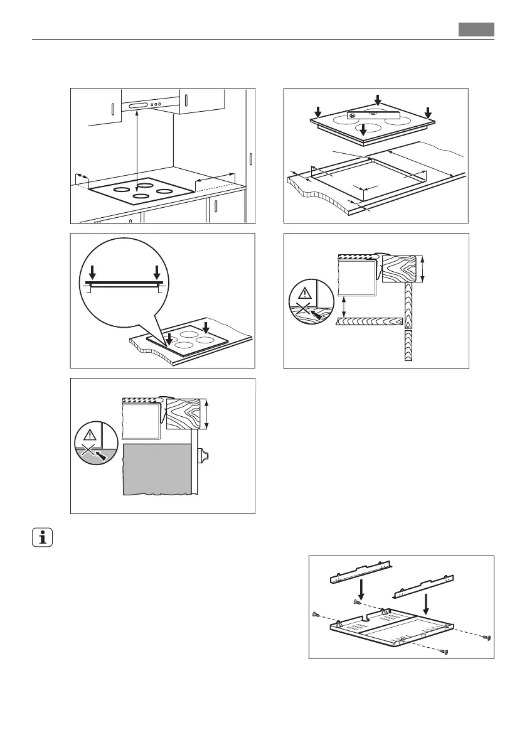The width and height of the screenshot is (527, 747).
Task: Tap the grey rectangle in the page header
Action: (x=476, y=30)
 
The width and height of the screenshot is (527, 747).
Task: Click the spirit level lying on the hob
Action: (x=373, y=114)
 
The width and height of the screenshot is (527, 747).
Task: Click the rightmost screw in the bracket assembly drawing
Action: (x=487, y=638)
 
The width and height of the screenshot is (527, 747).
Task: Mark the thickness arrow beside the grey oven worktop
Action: (x=208, y=415)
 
